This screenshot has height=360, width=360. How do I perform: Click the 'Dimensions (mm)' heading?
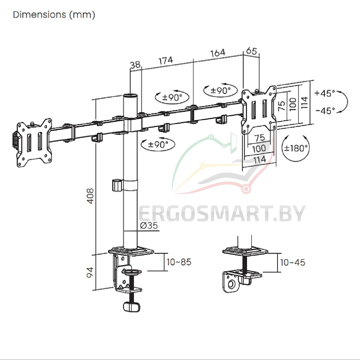54,15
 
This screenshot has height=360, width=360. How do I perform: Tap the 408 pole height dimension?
91,196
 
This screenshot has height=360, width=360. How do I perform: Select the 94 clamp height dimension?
90,273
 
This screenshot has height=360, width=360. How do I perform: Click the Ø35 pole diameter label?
149,226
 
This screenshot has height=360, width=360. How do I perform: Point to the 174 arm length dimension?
166,60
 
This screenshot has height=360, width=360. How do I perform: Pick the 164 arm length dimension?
218,53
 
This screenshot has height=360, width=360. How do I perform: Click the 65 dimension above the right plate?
251,51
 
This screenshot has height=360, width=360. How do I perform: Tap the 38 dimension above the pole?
135,65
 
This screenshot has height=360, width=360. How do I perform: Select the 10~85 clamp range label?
179,262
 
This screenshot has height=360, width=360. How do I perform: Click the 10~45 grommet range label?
293,262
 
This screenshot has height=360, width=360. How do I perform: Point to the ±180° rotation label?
295,148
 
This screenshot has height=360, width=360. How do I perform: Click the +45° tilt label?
325,93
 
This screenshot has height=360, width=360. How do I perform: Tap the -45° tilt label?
325,111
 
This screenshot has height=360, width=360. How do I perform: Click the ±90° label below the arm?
158,145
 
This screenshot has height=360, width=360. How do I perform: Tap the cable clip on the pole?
117,185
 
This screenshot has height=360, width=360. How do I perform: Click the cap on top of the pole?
130,96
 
